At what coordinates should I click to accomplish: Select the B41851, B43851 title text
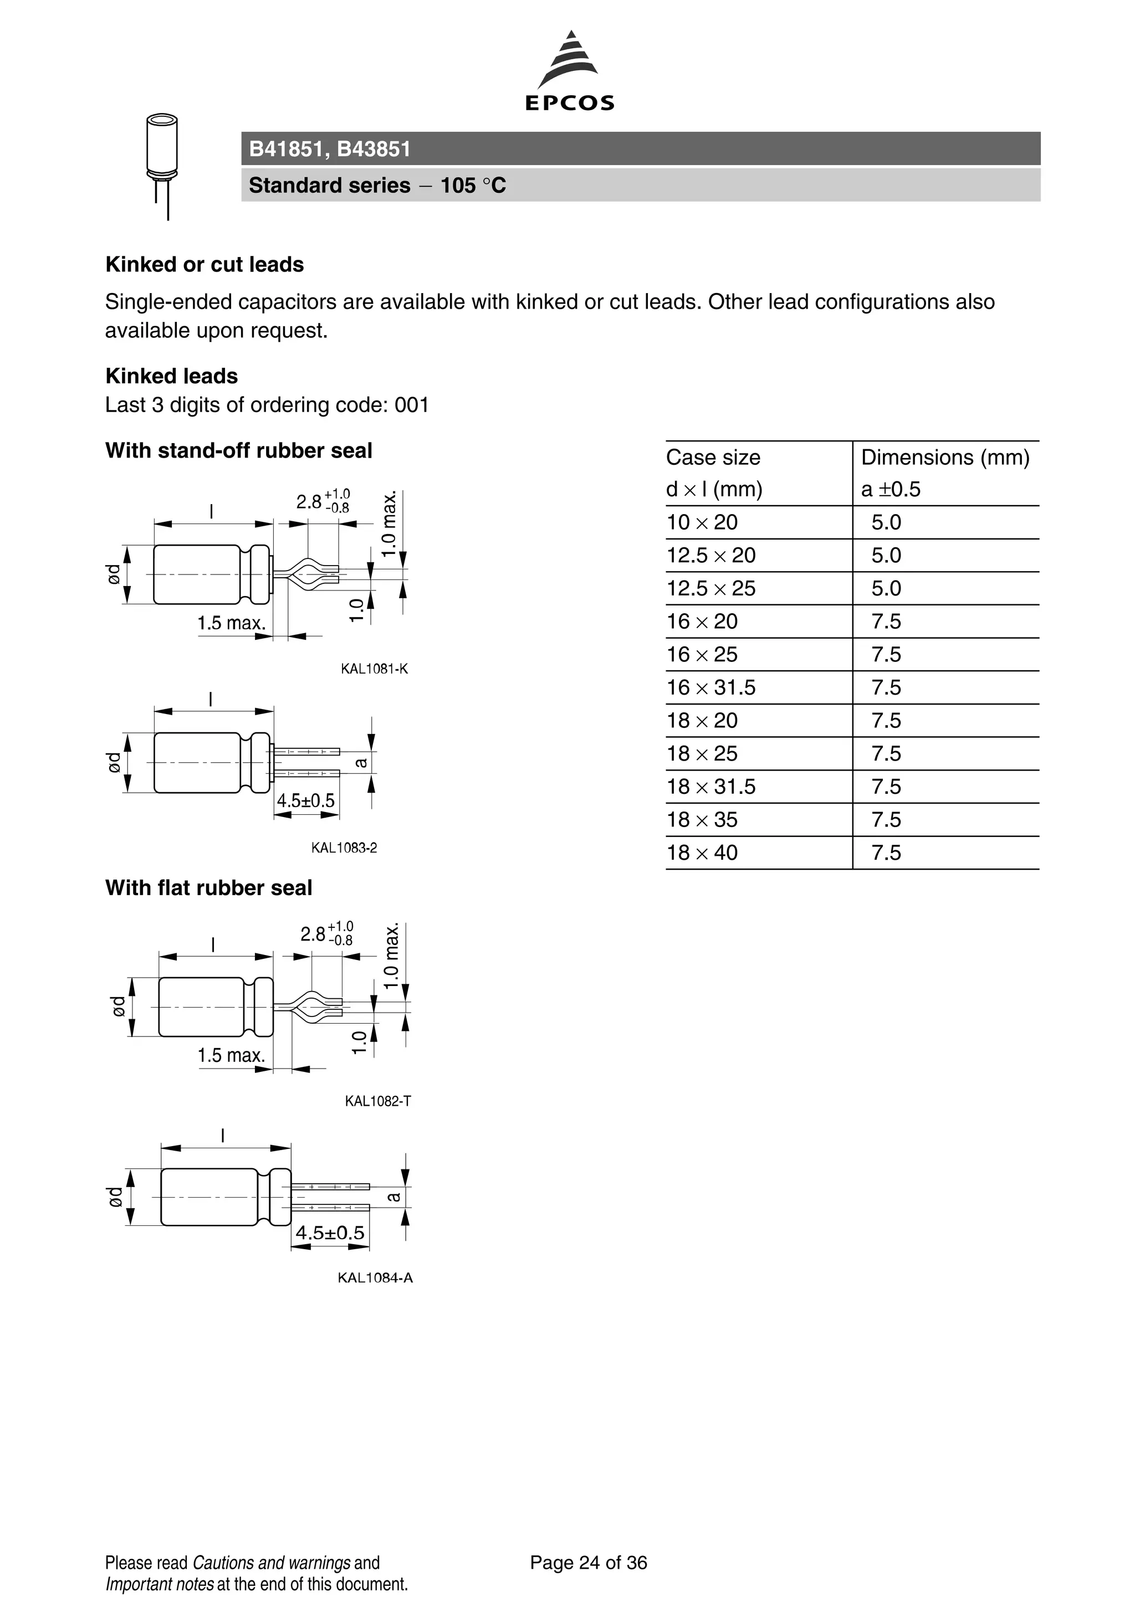tap(330, 149)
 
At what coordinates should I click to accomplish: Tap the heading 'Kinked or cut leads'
tap(204, 265)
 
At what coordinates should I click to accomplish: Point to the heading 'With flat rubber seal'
tap(208, 887)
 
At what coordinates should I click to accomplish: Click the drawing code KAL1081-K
tap(374, 669)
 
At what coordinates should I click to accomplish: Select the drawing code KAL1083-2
tap(344, 848)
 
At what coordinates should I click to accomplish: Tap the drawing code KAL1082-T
tap(377, 1101)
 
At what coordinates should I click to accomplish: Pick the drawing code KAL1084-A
tap(375, 1277)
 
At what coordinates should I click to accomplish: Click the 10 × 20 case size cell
tap(702, 522)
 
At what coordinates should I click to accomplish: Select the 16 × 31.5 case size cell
tap(710, 687)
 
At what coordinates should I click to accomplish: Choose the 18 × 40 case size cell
tap(702, 853)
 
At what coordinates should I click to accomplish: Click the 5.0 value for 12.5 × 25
tap(886, 588)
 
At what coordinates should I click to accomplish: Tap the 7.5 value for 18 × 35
tap(886, 820)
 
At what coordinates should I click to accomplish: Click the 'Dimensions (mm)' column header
tap(944, 458)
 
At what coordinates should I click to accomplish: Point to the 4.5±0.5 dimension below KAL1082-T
tap(330, 1233)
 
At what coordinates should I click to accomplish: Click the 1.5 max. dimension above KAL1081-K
tap(231, 623)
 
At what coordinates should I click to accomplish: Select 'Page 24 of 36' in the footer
tap(588, 1562)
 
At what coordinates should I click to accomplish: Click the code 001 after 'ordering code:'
tap(412, 405)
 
